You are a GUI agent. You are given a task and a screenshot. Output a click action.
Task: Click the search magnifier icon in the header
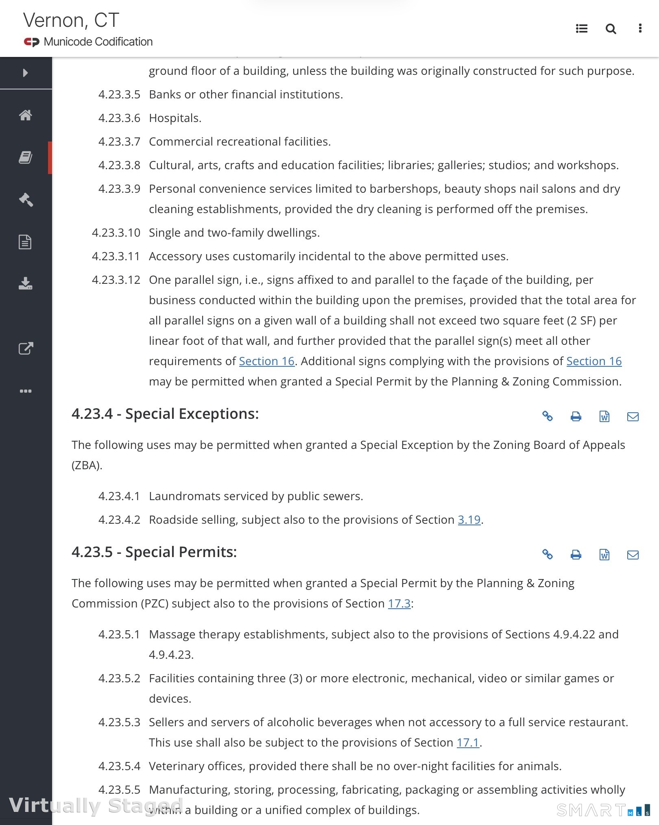pos(611,29)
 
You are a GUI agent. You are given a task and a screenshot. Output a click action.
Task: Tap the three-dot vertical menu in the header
pos(640,28)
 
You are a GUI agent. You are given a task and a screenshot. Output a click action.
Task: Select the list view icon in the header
pos(582,28)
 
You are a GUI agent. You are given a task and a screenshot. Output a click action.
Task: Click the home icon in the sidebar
pos(26,115)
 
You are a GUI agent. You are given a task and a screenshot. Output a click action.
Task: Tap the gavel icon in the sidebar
pos(26,200)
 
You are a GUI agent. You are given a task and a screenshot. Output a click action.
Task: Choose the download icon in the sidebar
pos(26,283)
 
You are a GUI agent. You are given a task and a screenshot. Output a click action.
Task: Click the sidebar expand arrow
pos(26,73)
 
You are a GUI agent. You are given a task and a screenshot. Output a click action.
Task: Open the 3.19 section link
pos(469,520)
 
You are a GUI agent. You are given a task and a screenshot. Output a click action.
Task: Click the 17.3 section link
pos(399,603)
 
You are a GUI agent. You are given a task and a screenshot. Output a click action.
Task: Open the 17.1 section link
pos(468,742)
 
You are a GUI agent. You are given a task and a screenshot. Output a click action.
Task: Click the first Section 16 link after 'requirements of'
pos(266,361)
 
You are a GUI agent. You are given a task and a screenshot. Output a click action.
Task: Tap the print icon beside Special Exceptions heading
pos(576,416)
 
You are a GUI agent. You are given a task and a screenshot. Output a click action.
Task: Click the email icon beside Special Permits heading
pos(633,555)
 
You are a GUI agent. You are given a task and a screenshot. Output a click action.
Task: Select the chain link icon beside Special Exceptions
pos(548,416)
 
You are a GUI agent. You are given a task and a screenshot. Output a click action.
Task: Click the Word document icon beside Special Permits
pos(604,555)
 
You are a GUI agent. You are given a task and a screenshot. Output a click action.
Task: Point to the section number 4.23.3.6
pos(119,118)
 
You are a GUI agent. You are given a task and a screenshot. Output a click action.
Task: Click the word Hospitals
pos(175,118)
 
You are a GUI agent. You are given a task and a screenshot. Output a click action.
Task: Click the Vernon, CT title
pos(71,20)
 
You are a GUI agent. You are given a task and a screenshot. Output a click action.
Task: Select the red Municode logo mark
pos(31,42)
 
